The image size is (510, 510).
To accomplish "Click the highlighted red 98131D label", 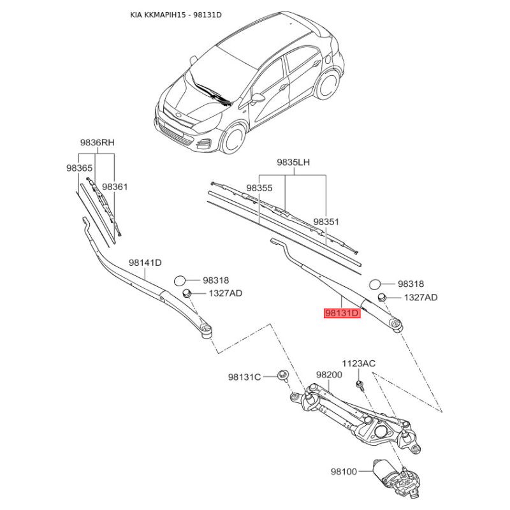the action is pyautogui.click(x=342, y=313).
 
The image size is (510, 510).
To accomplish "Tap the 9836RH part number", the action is pyautogui.click(x=98, y=142).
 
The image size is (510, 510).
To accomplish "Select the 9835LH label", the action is pyautogui.click(x=293, y=162).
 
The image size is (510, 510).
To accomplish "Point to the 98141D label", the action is pyautogui.click(x=145, y=263).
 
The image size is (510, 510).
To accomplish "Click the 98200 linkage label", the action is pyautogui.click(x=329, y=375).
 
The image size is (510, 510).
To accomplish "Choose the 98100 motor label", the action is pyautogui.click(x=344, y=471).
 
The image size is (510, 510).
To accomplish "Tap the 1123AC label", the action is pyautogui.click(x=358, y=363).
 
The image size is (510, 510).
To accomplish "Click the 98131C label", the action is pyautogui.click(x=244, y=377).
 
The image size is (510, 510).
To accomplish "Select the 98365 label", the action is pyautogui.click(x=79, y=168).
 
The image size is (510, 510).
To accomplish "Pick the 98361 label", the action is pyautogui.click(x=115, y=187).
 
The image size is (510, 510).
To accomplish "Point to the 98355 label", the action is pyautogui.click(x=259, y=188).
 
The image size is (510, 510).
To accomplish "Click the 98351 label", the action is pyautogui.click(x=326, y=221).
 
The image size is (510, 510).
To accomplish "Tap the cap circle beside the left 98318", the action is pyautogui.click(x=180, y=280).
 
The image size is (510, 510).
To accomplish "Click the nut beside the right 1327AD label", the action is pyautogui.click(x=381, y=297).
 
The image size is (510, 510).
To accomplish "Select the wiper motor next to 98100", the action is pyautogui.click(x=397, y=479).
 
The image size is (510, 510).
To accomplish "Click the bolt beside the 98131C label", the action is pyautogui.click(x=282, y=375).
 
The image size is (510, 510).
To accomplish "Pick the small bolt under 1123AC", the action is pyautogui.click(x=359, y=384).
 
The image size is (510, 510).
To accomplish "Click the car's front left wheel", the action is pyautogui.click(x=233, y=139).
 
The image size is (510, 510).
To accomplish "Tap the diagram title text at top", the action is pyautogui.click(x=176, y=15).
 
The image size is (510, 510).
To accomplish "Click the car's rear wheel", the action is pyautogui.click(x=327, y=85).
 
